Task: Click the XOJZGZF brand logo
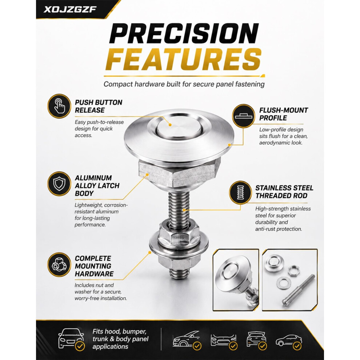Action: point(70,9)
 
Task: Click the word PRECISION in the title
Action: point(184,34)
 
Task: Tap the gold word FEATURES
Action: point(183,60)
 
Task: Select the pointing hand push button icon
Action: point(59,106)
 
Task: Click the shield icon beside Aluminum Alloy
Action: point(59,184)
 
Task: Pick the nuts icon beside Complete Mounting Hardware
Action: point(59,265)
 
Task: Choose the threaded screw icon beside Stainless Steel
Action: point(240,192)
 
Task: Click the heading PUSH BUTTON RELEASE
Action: point(99,106)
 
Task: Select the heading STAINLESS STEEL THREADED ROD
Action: point(284,192)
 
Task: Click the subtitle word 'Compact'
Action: point(118,84)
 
